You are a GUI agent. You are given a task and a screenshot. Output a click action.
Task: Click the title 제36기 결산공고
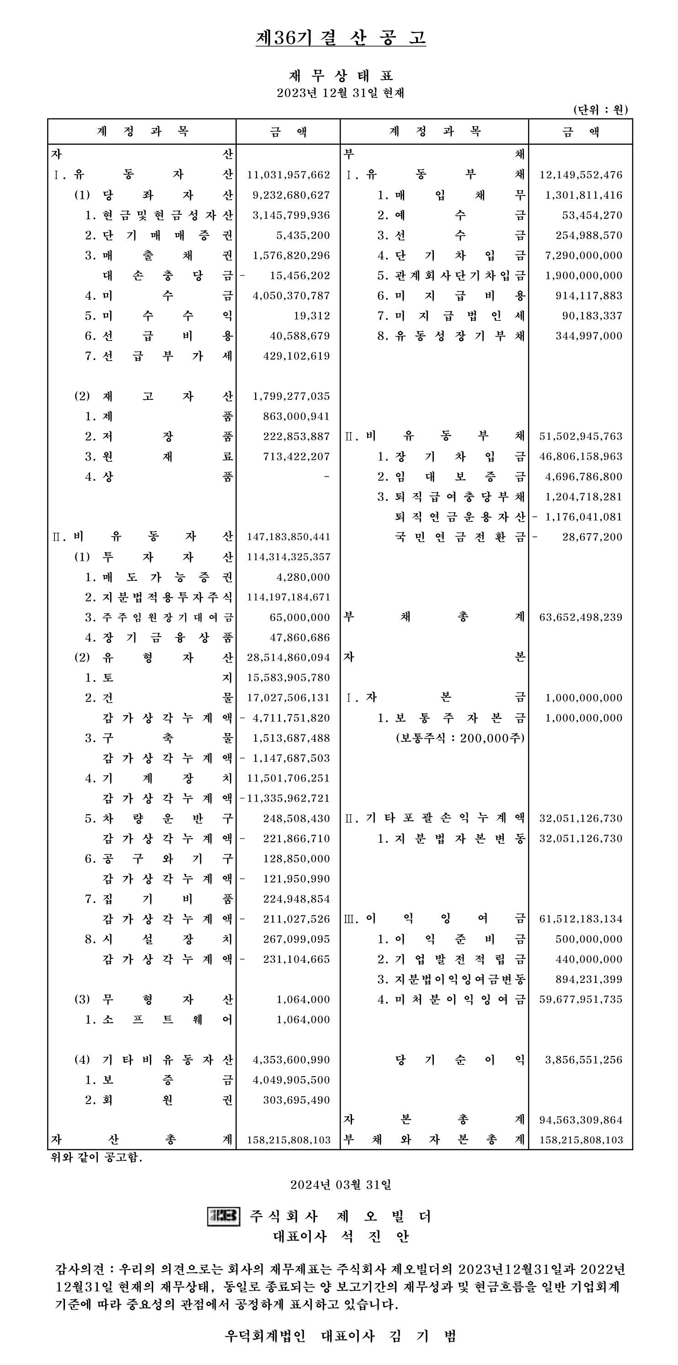point(340,37)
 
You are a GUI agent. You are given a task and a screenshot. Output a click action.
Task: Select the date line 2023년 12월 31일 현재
point(340,93)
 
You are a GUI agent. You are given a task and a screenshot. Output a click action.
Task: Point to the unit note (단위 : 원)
point(601,110)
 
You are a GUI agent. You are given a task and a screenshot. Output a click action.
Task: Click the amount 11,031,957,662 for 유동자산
point(288,175)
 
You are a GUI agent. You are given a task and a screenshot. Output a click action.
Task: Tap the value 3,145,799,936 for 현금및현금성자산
point(291,215)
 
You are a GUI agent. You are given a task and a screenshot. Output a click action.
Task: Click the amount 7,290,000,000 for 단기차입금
point(583,255)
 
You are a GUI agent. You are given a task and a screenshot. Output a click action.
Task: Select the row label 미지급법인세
point(459,316)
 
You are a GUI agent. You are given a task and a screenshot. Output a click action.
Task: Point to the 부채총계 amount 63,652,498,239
point(581,617)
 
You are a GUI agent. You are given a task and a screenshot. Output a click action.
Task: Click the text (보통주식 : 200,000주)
point(459,738)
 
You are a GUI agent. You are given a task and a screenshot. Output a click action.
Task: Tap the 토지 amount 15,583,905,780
point(288,678)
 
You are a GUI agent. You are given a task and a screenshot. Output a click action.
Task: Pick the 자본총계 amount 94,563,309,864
point(581,1120)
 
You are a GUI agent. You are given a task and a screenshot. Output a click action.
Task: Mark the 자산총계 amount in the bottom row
point(288,1140)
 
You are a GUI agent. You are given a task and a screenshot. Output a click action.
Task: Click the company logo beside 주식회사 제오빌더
point(223,1216)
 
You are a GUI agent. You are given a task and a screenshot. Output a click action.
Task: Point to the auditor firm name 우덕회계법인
point(265,1336)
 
